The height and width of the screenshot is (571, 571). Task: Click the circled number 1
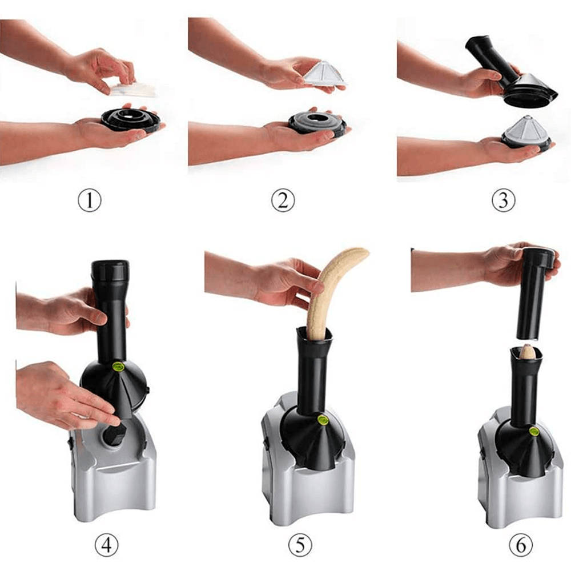click(x=90, y=200)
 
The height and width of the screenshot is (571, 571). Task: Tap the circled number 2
click(x=283, y=200)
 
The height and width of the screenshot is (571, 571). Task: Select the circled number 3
click(x=503, y=200)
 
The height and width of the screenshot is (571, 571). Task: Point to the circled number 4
click(x=107, y=545)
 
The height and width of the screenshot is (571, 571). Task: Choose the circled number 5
click(x=300, y=545)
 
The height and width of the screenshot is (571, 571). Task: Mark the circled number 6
click(x=520, y=545)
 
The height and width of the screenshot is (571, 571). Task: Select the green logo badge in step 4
click(x=118, y=366)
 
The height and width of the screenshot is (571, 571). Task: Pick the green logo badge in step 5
click(x=322, y=420)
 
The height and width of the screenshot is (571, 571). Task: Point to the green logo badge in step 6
click(x=534, y=431)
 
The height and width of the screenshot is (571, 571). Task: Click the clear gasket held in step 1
click(x=133, y=89)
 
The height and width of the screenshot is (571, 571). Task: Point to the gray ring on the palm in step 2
click(x=316, y=123)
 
